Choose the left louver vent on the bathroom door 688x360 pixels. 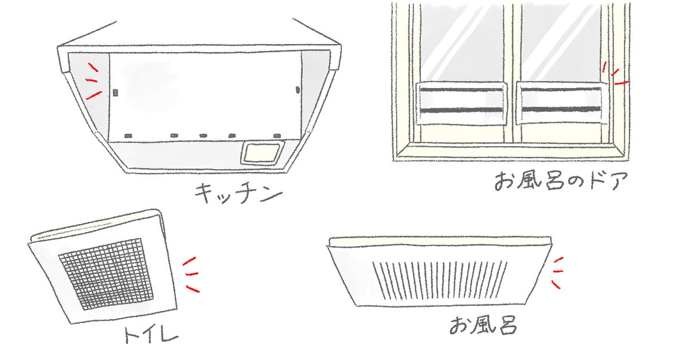point(463,103)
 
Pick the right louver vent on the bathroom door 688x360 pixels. point(560,103)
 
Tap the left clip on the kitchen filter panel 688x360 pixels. point(115,91)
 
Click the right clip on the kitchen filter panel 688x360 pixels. point(297,89)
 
